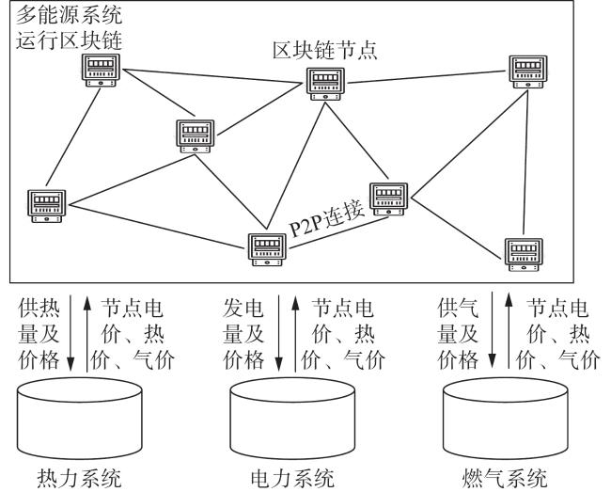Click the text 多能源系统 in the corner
pyautogui.click(x=69, y=15)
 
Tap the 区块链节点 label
pyautogui.click(x=325, y=51)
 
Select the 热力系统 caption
pyautogui.click(x=80, y=478)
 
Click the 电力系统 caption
pyautogui.click(x=292, y=478)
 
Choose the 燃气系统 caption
pyautogui.click(x=505, y=478)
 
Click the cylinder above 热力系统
pyautogui.click(x=80, y=419)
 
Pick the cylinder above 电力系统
pyautogui.click(x=292, y=419)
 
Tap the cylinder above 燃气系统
pyautogui.click(x=506, y=419)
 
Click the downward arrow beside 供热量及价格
pyautogui.click(x=70, y=333)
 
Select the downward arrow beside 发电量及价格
pyautogui.click(x=278, y=333)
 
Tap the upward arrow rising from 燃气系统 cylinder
pyautogui.click(x=509, y=331)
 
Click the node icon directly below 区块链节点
pyautogui.click(x=325, y=84)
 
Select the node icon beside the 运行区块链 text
pyautogui.click(x=101, y=71)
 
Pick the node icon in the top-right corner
pyautogui.click(x=528, y=71)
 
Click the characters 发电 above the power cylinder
pyautogui.click(x=243, y=309)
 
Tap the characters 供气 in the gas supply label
pyautogui.click(x=458, y=309)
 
